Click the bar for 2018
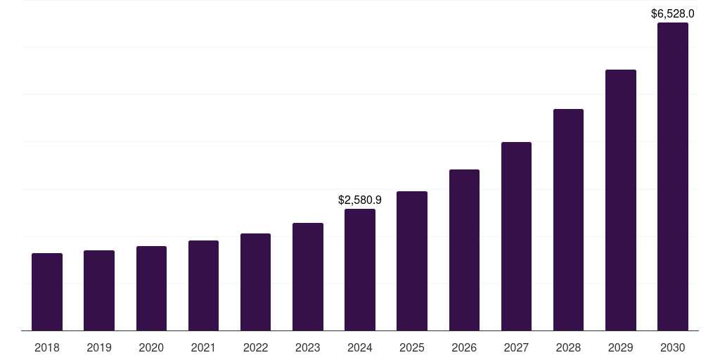coord(47,292)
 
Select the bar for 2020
coord(151,288)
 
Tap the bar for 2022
coord(255,282)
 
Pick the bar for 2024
coord(360,270)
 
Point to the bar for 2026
coord(464,250)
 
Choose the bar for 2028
coord(568,220)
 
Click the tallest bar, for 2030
coord(673,176)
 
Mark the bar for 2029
coord(621,200)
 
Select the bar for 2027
coord(516,236)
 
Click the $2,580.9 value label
coord(360,200)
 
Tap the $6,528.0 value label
coord(673,13)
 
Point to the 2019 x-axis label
coord(99,347)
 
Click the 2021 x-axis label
coord(203,347)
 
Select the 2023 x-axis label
coord(308,347)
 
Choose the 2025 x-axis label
coord(412,347)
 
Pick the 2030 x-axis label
coord(673,347)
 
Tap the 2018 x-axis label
coord(47,347)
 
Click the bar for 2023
coord(308,277)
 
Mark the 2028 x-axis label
coord(568,347)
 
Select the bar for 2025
coord(412,261)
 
